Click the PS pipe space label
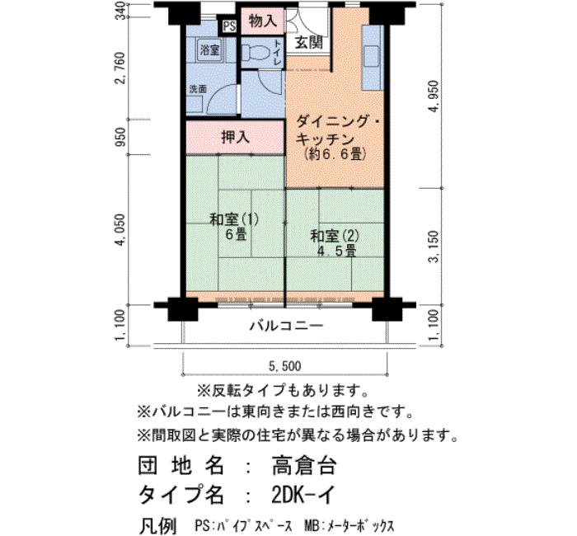(229, 26)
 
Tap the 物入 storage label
(263, 21)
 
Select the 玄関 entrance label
(309, 43)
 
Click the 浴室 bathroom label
(210, 49)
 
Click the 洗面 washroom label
(198, 89)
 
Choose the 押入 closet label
(236, 137)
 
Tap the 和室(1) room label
(234, 220)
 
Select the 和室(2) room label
(335, 236)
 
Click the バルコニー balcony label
(287, 326)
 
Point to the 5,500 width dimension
(285, 366)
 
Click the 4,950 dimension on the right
(434, 96)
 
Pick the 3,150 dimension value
(434, 247)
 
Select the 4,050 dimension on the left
(120, 230)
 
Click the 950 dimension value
(120, 137)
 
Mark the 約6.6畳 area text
(335, 154)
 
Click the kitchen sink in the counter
(371, 56)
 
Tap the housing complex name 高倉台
(304, 465)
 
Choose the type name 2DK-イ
(303, 495)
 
